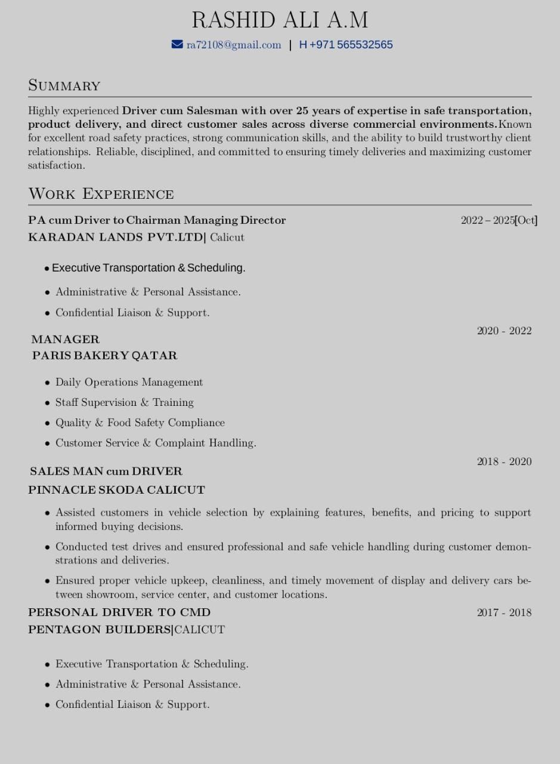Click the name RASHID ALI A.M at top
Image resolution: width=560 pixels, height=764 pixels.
coord(280,20)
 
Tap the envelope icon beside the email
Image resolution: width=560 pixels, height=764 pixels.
coord(177,44)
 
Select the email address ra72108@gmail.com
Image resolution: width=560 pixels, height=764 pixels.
coord(234,45)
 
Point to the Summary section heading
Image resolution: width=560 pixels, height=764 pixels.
coord(64,85)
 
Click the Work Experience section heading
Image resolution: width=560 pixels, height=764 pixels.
coord(101,194)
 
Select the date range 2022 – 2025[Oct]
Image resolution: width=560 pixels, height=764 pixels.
coord(499,220)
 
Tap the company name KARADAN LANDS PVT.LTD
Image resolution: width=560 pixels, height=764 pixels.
coord(116,237)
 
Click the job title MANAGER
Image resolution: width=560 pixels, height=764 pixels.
coord(66,339)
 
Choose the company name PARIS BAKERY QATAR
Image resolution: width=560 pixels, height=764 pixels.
coord(105,355)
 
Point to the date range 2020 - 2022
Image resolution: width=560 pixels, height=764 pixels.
coord(504,331)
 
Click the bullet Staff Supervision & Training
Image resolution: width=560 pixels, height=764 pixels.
coord(125,402)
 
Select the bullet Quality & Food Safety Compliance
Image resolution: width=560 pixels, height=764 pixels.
coord(140,423)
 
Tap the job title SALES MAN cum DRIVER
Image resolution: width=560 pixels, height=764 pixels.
coord(106,471)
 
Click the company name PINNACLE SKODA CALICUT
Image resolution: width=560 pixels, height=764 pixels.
coord(116,490)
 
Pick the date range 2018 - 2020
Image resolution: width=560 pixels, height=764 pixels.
coord(504,461)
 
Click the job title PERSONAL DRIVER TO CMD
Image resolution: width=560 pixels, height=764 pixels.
coord(119,612)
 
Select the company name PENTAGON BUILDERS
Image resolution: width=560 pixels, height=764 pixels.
coord(100,630)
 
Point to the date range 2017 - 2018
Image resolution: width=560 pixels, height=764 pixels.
coord(504,612)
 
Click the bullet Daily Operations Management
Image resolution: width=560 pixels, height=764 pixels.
coord(129,382)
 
